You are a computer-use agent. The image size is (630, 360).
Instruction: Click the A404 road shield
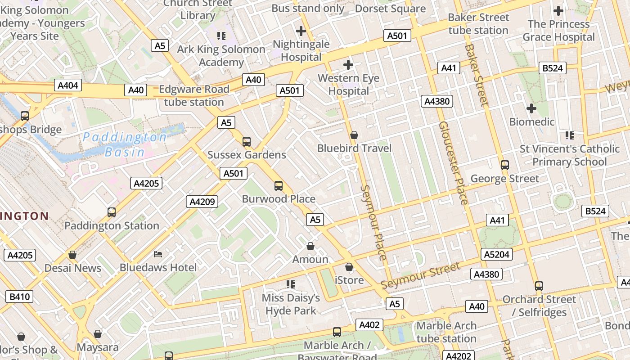pyautogui.click(x=68, y=85)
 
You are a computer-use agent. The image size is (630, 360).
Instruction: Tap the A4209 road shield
pyautogui.click(x=202, y=202)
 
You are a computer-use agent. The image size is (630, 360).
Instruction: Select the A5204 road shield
pyautogui.click(x=497, y=254)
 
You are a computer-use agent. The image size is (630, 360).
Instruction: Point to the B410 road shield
pyautogui.click(x=19, y=297)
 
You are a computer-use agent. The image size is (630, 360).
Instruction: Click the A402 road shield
pyautogui.click(x=370, y=325)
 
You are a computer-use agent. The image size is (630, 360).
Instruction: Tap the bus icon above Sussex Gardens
pyautogui.click(x=247, y=142)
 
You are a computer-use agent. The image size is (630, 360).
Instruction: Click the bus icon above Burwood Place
pyautogui.click(x=279, y=185)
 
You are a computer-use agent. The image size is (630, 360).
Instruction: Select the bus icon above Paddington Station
pyautogui.click(x=112, y=212)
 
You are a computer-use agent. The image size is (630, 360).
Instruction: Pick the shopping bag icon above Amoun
pyautogui.click(x=310, y=246)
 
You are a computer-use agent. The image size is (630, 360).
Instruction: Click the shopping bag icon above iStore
pyautogui.click(x=349, y=267)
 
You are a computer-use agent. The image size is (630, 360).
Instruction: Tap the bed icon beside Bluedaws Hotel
pyautogui.click(x=158, y=254)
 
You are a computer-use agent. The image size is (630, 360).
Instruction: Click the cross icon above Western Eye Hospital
pyautogui.click(x=348, y=65)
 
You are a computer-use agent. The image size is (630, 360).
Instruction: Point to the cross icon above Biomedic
pyautogui.click(x=531, y=108)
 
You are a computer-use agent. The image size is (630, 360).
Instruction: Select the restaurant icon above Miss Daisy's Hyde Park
pyautogui.click(x=291, y=284)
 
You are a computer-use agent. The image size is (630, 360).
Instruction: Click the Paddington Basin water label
pyautogui.click(x=125, y=144)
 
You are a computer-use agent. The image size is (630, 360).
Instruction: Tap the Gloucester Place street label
pyautogui.click(x=454, y=162)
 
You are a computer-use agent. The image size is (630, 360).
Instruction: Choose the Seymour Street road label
pyautogui.click(x=420, y=276)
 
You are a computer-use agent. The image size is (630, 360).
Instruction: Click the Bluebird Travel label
pyautogui.click(x=354, y=148)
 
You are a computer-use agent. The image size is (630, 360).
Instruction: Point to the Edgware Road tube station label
pyautogui.click(x=194, y=95)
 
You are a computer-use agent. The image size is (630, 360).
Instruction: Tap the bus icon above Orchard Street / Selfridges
pyautogui.click(x=539, y=286)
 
